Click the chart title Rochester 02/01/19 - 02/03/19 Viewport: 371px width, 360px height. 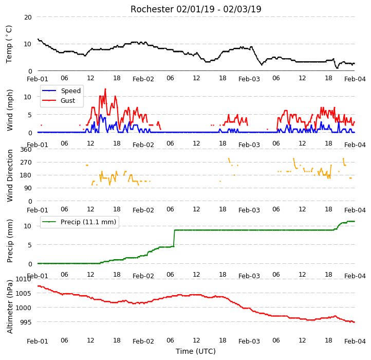pyautogui.click(x=196, y=9)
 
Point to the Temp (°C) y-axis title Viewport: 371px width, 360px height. pyautogui.click(x=9, y=44)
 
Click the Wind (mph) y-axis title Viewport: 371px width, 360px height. pyautogui.click(x=9, y=110)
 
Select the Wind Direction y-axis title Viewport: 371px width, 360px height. pyautogui.click(x=10, y=175)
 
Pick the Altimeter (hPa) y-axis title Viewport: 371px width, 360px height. pyautogui.click(x=10, y=307)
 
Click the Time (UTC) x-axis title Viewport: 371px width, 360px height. pyautogui.click(x=196, y=351)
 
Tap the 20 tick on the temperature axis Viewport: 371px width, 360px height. pyautogui.click(x=28, y=17)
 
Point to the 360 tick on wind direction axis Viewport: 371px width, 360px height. pyautogui.click(x=26, y=150)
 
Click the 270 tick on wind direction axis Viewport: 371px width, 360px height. pyautogui.click(x=26, y=163)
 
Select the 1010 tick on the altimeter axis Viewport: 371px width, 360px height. pyautogui.click(x=24, y=279)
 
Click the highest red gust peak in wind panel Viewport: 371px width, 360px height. pyautogui.click(x=105, y=89)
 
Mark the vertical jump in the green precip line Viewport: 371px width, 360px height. pyautogui.click(x=174, y=238)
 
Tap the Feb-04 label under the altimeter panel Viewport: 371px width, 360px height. pyautogui.click(x=355, y=341)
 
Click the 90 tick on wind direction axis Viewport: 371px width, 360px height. pyautogui.click(x=28, y=188)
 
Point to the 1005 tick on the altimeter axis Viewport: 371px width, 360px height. pyautogui.click(x=24, y=294)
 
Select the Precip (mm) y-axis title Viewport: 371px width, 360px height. pyautogui.click(x=10, y=241)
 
